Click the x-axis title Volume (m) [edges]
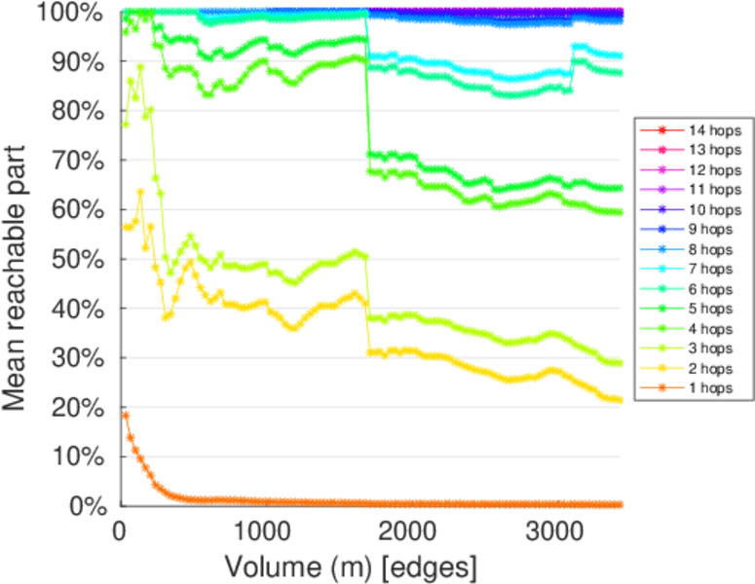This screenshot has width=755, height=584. pos(351,566)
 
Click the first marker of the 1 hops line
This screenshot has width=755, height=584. pos(126,416)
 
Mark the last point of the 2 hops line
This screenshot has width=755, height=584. pos(620,400)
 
